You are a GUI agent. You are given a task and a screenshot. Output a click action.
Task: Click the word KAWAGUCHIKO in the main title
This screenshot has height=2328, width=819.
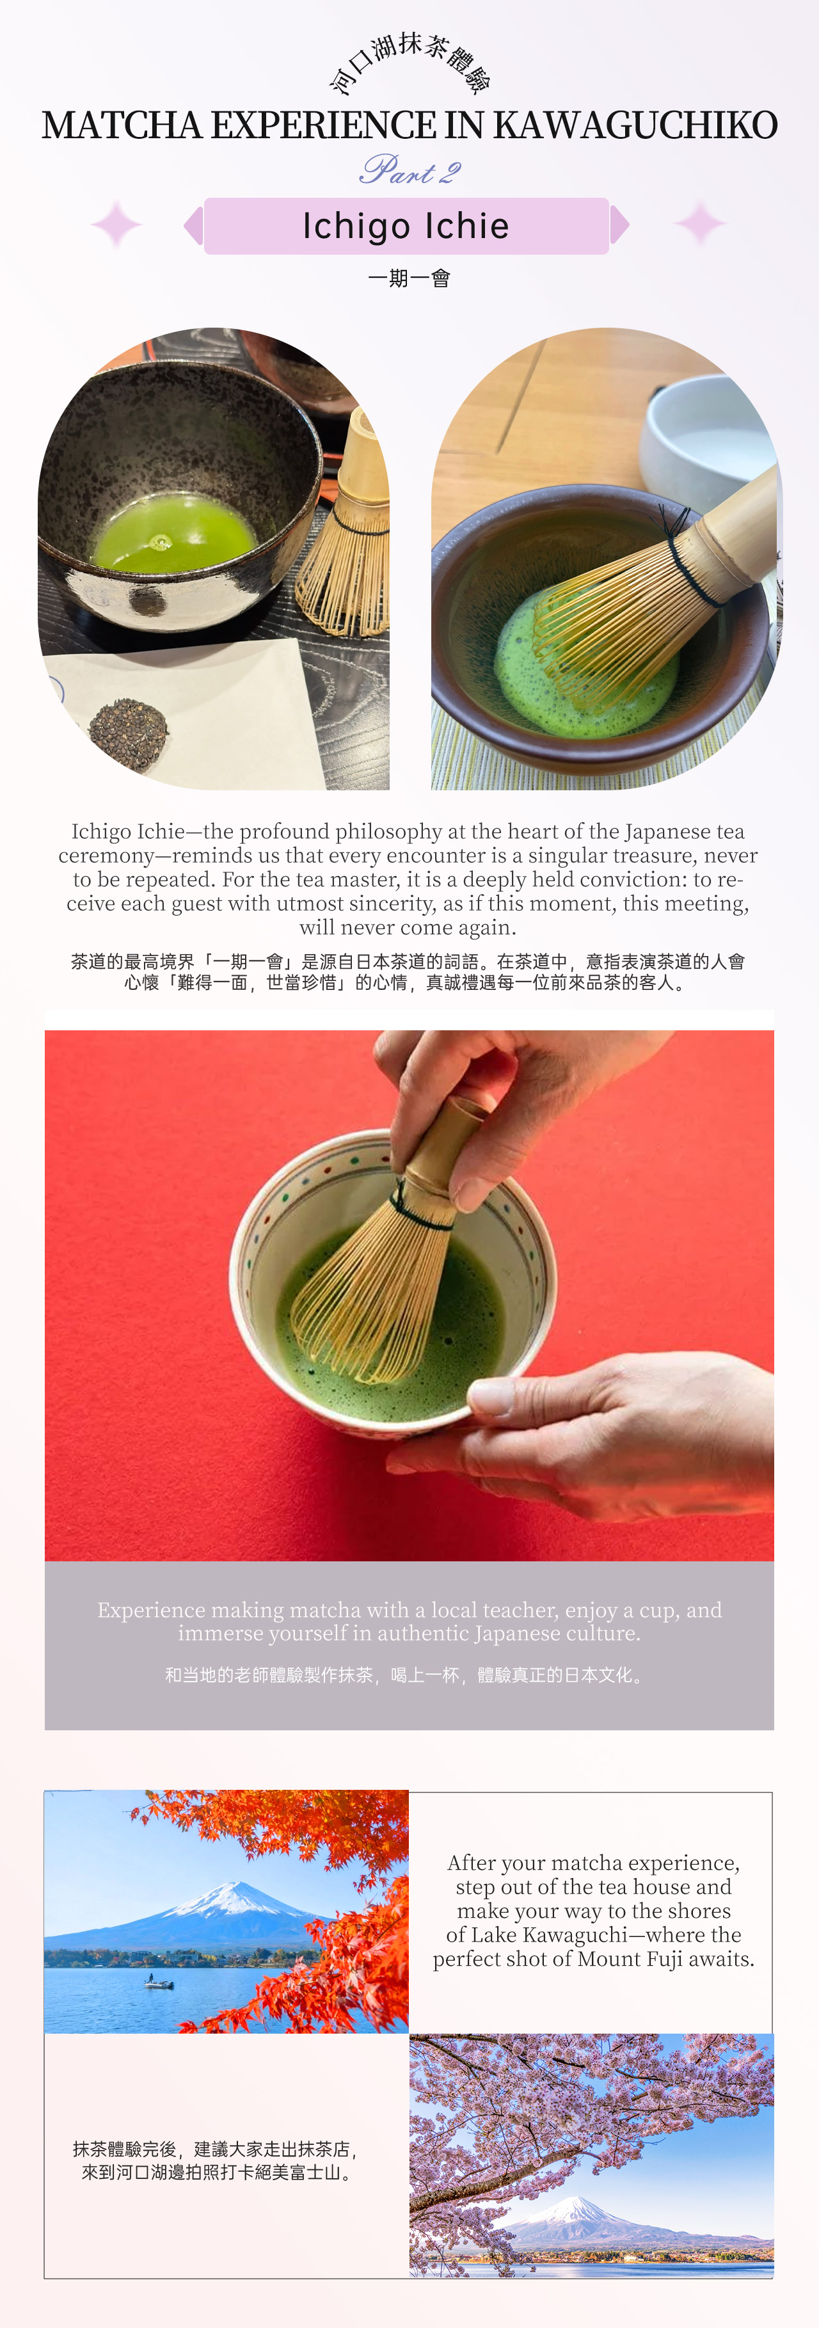[x=635, y=125]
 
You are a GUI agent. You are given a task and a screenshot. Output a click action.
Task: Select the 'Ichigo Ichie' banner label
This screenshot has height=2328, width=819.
[x=406, y=226]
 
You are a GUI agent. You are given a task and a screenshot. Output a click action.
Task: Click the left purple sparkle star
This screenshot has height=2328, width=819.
[x=116, y=224]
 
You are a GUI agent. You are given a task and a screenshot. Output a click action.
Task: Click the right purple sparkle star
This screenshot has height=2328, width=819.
[x=701, y=224]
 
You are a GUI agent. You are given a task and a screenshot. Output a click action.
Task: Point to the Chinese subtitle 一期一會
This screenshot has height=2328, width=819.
[x=409, y=278]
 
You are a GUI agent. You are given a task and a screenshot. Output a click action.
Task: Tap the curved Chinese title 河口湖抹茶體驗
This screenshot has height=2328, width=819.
[x=409, y=61]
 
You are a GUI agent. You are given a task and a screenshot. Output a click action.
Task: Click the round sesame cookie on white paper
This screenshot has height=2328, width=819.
[x=129, y=734]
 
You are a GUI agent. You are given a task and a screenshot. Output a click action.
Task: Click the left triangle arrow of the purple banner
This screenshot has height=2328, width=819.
[x=193, y=226]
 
